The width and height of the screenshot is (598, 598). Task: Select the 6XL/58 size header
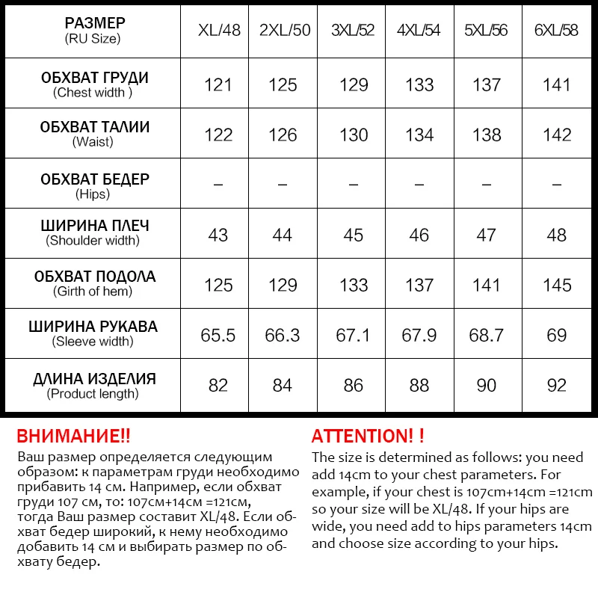coord(557,31)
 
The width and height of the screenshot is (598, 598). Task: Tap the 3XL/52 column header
coord(353,31)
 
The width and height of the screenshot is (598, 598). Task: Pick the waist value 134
coord(419,135)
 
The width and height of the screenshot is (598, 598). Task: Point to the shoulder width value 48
coord(557,235)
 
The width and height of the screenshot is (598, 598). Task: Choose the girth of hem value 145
coord(557,285)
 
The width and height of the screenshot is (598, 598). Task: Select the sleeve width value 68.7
coord(487,335)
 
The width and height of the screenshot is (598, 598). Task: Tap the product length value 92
coord(557,386)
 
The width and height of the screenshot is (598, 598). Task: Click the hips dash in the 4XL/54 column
coord(419,184)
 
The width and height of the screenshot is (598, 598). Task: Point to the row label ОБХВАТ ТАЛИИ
coord(94,128)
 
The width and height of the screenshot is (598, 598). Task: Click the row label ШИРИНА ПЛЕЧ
coord(94,226)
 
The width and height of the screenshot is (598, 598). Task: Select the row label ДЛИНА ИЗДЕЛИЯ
coord(94,379)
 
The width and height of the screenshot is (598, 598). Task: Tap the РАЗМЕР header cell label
coord(94,23)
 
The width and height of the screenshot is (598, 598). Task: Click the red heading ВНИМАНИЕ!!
coord(73,436)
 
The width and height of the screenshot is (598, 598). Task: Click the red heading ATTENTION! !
coord(368,436)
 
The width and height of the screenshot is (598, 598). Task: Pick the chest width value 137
coord(487,84)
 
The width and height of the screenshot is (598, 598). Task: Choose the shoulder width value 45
coord(353,235)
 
